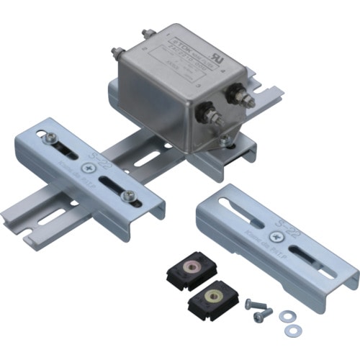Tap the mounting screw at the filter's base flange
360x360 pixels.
coord(226,140)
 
